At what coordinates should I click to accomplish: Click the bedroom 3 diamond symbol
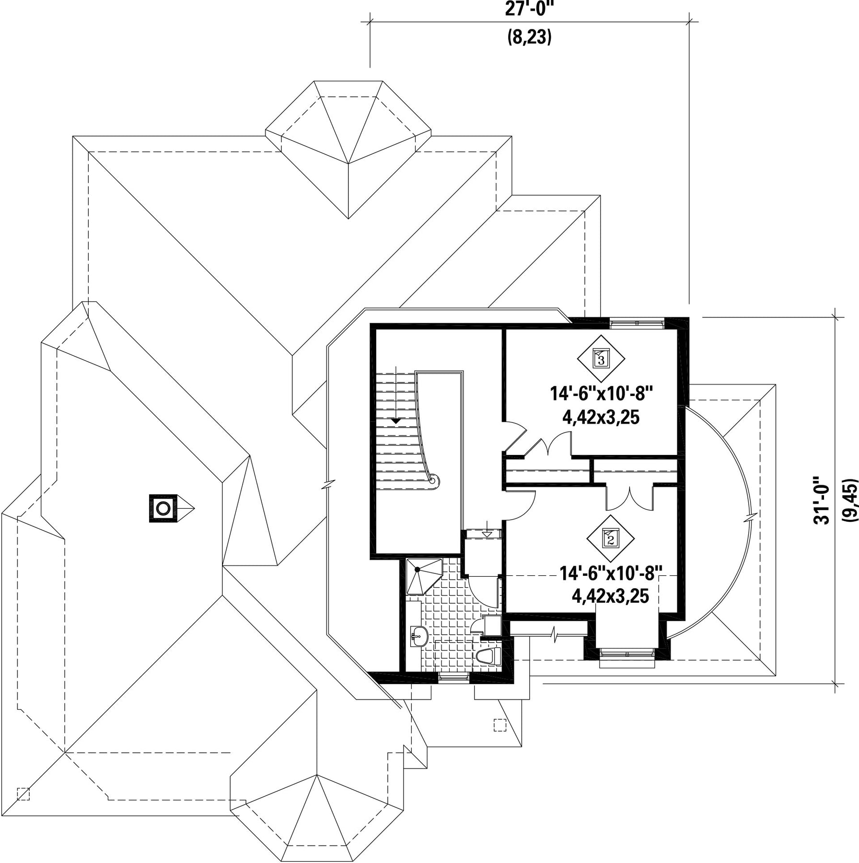(601, 358)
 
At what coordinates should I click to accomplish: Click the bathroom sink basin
(419, 636)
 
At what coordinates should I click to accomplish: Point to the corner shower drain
(418, 570)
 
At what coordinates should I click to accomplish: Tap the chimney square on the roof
(163, 508)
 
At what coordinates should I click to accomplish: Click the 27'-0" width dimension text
(529, 9)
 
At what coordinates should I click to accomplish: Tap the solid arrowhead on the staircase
(396, 420)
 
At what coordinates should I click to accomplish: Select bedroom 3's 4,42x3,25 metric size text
(601, 418)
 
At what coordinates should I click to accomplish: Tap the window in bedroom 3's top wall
(637, 323)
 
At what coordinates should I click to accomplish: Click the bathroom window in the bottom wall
(453, 677)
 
